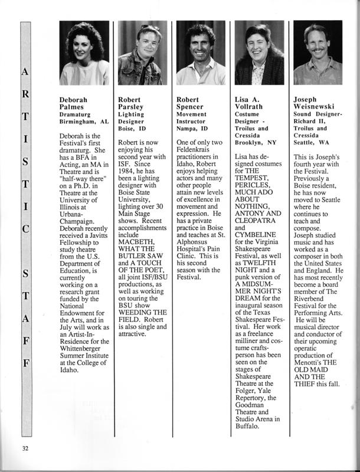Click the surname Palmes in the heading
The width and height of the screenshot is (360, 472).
coord(73,107)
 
